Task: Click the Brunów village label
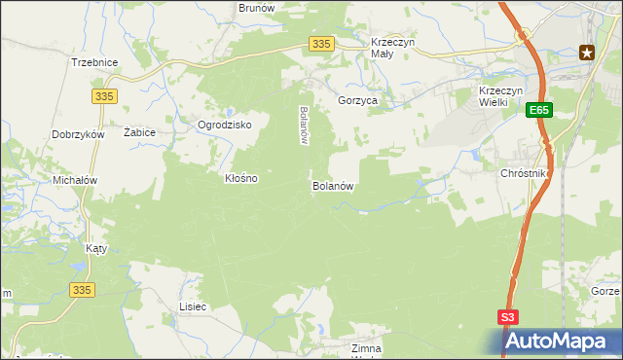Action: point(257,7)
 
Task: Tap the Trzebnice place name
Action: point(94,62)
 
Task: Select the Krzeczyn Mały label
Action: point(394,49)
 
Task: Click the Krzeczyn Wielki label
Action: point(501,97)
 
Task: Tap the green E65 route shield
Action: point(540,112)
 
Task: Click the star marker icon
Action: point(587,53)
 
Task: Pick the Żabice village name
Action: point(140,131)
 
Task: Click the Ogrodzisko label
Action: point(225,126)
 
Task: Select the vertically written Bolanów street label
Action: point(304,126)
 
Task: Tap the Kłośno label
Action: point(241,179)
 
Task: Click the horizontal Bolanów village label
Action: point(331,186)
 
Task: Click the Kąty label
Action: point(95,248)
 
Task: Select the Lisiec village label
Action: point(193,306)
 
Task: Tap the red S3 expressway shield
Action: point(508,317)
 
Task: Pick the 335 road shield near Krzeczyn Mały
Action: point(322,44)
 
